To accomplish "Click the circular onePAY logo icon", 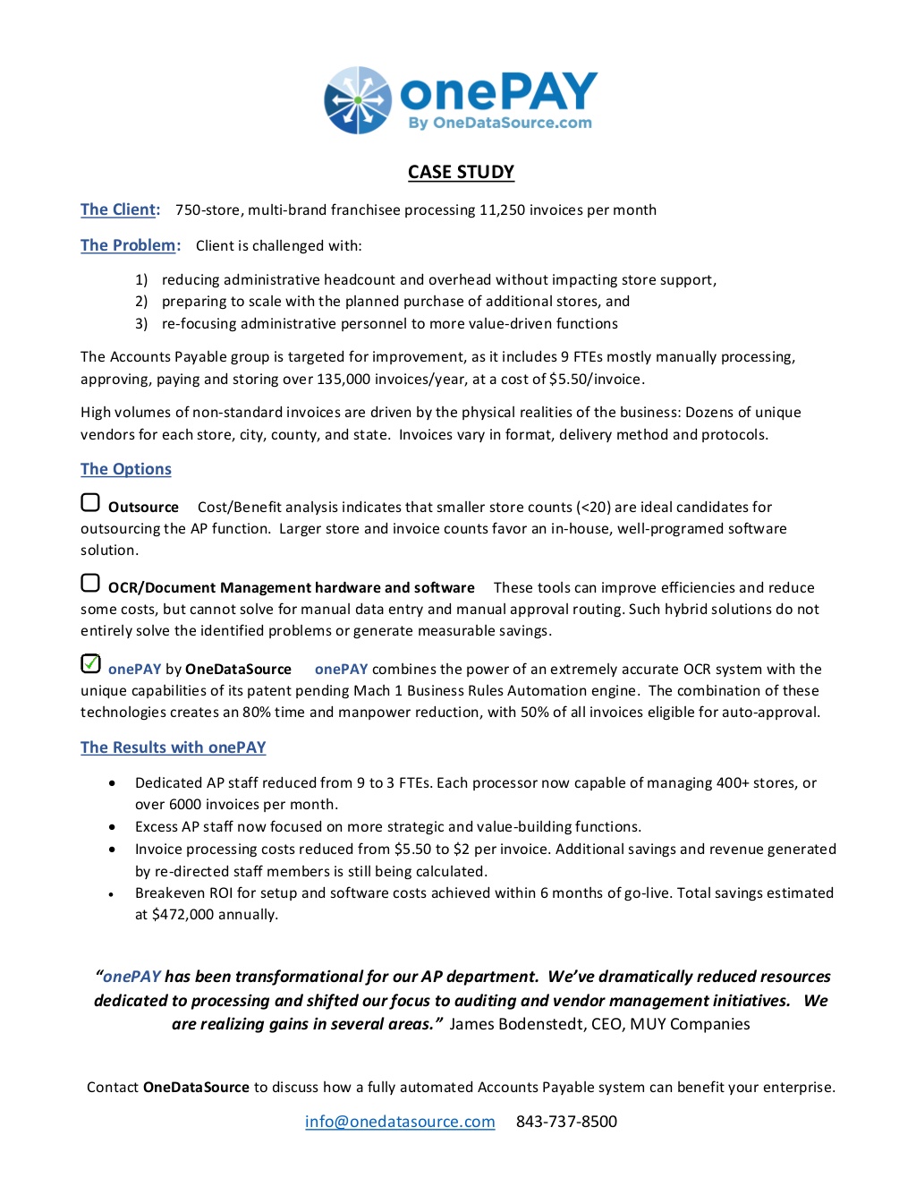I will pos(358,100).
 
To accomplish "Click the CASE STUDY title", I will pos(461,172).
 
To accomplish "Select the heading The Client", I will pos(120,209).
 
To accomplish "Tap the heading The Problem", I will pos(130,245).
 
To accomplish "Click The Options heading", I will pos(125,469).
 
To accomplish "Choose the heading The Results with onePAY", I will pos(173,747).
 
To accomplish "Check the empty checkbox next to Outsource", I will pos(90,503).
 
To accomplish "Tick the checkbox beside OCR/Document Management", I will pos(90,584).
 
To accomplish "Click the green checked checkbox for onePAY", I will pos(90,664).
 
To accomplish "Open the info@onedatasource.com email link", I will pos(400,1122).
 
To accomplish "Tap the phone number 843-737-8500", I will pos(566,1122).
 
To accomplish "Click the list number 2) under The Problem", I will pos(141,302).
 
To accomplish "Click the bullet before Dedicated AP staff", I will pos(112,783).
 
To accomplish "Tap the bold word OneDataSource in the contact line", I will pos(196,1088).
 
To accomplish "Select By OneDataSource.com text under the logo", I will pos(500,124).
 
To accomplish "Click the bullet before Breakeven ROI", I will pos(112,894).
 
